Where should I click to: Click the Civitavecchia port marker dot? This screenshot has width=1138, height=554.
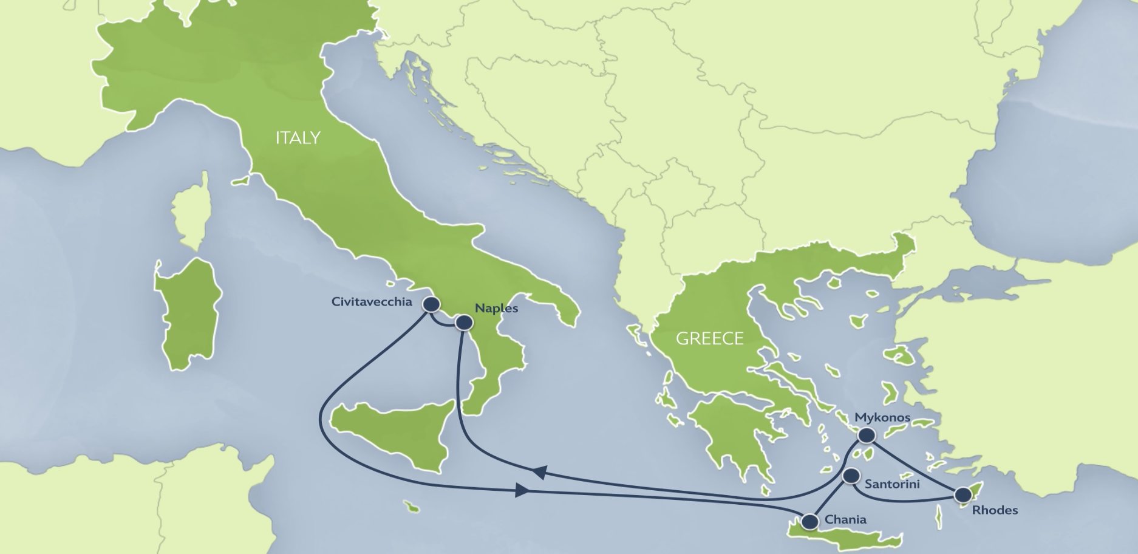click(x=431, y=304)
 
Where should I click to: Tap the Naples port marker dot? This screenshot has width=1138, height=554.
click(x=464, y=323)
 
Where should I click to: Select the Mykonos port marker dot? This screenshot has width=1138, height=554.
click(x=866, y=435)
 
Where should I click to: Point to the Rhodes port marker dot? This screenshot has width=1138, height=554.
click(x=963, y=494)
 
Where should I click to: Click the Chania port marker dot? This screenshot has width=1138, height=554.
click(x=810, y=521)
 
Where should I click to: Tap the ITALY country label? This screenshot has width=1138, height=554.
click(x=298, y=138)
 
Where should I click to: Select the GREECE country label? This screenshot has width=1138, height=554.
click(x=709, y=338)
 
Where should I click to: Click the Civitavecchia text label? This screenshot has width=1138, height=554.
click(x=372, y=302)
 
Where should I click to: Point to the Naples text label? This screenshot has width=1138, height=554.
click(x=496, y=309)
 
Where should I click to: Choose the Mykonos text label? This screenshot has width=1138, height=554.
click(x=882, y=417)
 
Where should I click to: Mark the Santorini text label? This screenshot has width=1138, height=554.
click(x=891, y=484)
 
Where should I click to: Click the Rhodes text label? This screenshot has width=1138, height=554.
click(x=995, y=510)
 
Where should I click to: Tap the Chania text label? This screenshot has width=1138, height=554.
click(x=845, y=520)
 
